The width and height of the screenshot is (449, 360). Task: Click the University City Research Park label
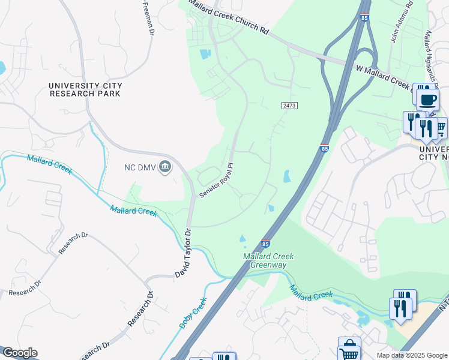coord(85,89)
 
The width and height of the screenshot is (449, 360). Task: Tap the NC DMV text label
coord(136,167)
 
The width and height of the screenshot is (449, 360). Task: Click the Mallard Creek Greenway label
coord(265,260)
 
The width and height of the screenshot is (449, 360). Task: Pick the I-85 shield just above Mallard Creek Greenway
coord(265,244)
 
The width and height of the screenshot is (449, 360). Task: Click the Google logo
coord(19,353)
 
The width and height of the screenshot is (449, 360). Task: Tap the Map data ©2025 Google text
coord(411,355)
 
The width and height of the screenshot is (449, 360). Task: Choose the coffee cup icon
coord(427,100)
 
